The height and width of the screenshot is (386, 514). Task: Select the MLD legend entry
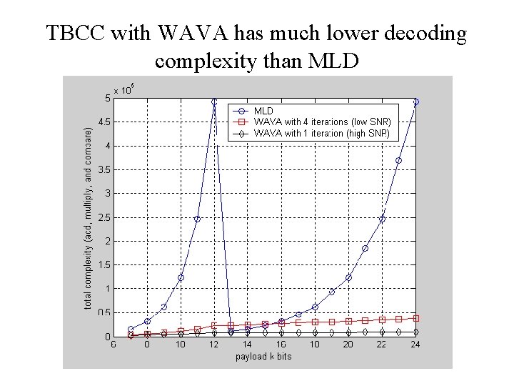263,111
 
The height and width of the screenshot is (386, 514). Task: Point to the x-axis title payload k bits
263,356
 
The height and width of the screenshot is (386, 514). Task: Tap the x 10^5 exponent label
124,90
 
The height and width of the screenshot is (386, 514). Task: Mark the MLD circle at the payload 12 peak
214,102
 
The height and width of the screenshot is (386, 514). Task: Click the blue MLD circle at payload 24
415,102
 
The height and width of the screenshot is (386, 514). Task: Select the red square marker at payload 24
415,318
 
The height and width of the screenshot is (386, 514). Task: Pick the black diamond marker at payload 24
415,332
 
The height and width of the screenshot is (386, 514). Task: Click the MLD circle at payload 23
398,161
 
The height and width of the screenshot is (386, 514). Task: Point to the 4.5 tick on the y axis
104,122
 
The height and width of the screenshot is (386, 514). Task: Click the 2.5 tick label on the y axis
104,217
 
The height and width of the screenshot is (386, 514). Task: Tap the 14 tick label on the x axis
247,345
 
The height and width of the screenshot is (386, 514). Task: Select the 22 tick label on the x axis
381,345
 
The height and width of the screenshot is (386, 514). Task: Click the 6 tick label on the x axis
114,345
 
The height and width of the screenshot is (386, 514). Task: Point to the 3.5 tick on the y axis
104,170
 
